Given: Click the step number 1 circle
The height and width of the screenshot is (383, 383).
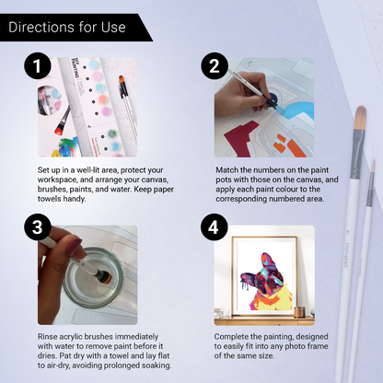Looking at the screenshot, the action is point(38,65).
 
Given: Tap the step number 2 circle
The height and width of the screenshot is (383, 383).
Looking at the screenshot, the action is point(215,65).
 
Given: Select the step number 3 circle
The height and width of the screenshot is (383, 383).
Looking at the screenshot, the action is point(38,227).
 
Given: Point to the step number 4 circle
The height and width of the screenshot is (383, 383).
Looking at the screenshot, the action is point(215,227).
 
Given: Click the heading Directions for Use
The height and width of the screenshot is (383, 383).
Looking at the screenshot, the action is point(67,27).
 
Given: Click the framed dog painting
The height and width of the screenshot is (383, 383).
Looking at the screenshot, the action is point(264,276).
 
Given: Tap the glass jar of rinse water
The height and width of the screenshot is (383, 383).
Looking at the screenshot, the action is point(93,279).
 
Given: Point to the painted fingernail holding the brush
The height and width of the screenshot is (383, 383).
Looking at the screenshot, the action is point(74,247).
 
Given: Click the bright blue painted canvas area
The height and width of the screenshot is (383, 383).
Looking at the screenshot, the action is point(299,110).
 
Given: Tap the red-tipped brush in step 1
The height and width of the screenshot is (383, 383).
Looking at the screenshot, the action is point(63,121).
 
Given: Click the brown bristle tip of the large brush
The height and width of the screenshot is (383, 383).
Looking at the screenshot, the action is point(360,118).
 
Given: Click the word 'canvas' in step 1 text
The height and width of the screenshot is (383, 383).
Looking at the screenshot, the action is point(155,180).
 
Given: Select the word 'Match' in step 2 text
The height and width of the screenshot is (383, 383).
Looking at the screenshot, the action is point(226,170).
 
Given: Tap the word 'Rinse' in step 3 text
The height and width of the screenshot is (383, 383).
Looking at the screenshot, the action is point(47,337).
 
